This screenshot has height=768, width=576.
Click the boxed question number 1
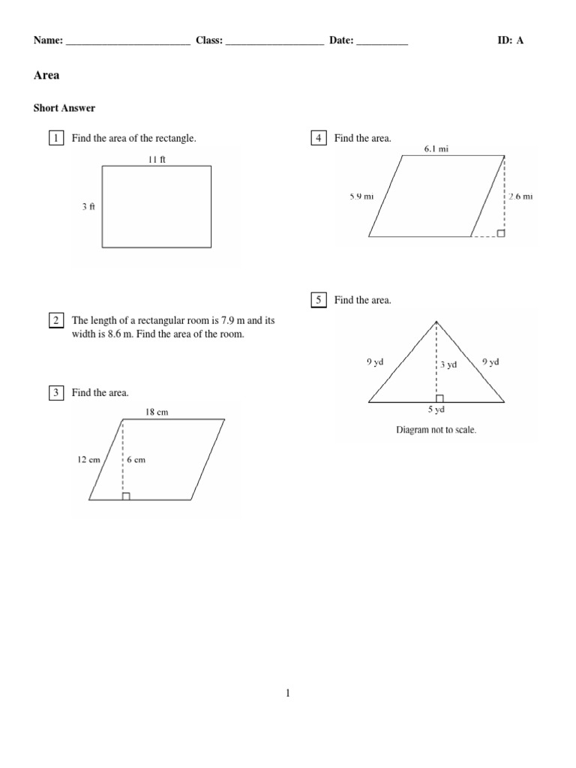point(55,138)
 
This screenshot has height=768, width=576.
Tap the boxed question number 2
point(55,320)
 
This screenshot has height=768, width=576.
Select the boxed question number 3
point(55,392)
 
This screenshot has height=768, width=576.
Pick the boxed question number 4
point(319,138)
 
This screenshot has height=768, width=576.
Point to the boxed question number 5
point(319,300)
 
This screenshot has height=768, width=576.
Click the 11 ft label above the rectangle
point(156,159)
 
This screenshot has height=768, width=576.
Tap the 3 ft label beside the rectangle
point(88,207)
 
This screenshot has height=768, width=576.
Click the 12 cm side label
point(88,460)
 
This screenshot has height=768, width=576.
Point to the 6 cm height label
point(136,460)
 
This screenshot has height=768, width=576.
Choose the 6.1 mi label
point(436,149)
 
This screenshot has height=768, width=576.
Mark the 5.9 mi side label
point(361,196)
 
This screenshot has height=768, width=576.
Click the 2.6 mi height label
point(520,196)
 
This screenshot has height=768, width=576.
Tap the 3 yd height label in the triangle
point(448,364)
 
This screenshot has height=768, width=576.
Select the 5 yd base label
point(436,409)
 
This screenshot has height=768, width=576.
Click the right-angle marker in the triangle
point(440,398)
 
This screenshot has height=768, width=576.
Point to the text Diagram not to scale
point(436,430)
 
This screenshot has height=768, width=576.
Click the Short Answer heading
point(64,108)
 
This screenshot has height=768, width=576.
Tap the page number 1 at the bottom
point(288,694)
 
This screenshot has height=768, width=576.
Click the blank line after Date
point(382,42)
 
